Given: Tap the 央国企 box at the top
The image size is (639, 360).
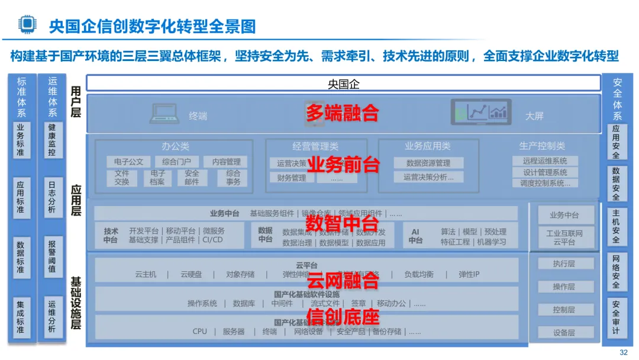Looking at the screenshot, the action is [343, 84].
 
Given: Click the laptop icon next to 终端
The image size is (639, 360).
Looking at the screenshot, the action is [166, 114].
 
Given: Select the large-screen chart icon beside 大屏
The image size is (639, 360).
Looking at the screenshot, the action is [481, 112].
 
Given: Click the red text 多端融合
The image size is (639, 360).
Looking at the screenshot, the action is [342, 112].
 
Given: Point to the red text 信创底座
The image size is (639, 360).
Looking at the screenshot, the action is [342, 317].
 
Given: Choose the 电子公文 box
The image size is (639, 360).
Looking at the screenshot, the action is [128, 162].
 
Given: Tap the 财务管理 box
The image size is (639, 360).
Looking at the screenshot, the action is [292, 178].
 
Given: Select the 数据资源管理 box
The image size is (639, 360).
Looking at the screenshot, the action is [428, 163].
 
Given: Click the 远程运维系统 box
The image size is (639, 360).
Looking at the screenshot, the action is [545, 160].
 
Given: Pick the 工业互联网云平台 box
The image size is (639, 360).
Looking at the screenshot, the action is [564, 238].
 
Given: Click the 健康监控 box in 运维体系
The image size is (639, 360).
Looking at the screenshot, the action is [52, 140].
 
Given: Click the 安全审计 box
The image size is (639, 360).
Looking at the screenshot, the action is [616, 316].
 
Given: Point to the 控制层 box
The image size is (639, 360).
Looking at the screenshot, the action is [564, 310].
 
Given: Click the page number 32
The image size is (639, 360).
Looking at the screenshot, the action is [623, 352].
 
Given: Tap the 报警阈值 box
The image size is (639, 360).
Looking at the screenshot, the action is [52, 257].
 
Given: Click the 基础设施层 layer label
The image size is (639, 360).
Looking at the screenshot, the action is [76, 302].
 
